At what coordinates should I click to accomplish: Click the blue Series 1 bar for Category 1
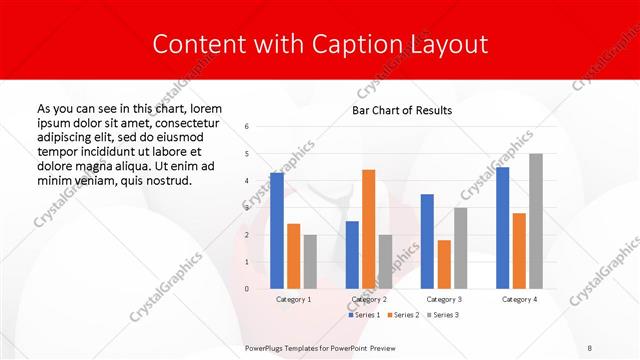tap(277, 231)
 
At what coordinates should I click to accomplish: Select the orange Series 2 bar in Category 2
tap(368, 229)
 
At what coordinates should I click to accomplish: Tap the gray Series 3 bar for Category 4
tap(536, 221)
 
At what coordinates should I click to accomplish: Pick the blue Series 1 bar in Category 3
tap(427, 241)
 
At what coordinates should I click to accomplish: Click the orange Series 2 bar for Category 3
tap(443, 264)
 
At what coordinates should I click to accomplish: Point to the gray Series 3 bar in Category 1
tap(310, 262)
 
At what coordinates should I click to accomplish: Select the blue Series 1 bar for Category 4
tap(503, 228)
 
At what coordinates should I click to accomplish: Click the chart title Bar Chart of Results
tap(402, 110)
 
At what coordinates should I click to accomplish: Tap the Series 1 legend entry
tap(363, 315)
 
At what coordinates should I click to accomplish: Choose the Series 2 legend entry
tap(402, 315)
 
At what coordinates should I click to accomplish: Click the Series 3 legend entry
tap(442, 315)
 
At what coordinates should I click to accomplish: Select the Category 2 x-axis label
tap(368, 299)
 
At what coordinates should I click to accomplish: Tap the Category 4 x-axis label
tap(519, 299)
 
